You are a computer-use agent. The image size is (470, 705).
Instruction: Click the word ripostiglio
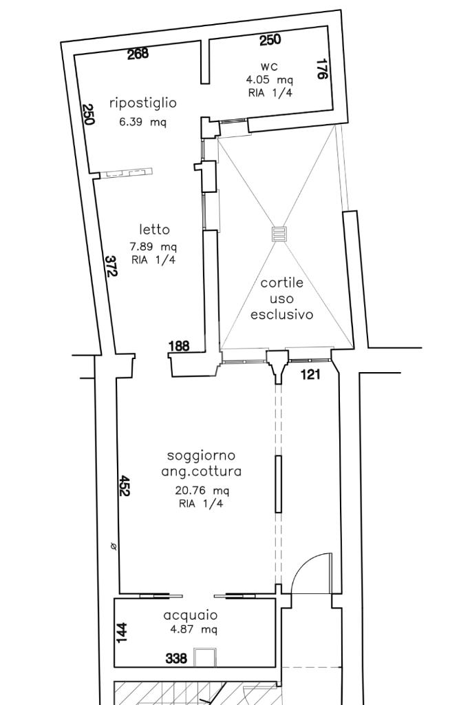pyautogui.click(x=143, y=103)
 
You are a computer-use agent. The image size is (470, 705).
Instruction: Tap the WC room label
pyautogui.click(x=269, y=67)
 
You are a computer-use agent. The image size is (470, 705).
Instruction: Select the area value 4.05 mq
pyautogui.click(x=269, y=80)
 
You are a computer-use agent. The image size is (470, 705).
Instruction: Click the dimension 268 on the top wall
pyautogui.click(x=138, y=54)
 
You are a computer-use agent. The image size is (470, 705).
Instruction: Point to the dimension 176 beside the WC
pyautogui.click(x=321, y=69)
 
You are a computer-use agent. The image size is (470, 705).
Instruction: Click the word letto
pyautogui.click(x=154, y=229)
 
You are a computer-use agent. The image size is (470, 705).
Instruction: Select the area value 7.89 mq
pyautogui.click(x=153, y=247)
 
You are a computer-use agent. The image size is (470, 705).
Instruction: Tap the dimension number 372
pyautogui.click(x=111, y=266)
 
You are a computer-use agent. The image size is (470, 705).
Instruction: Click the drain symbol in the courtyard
pyautogui.click(x=279, y=234)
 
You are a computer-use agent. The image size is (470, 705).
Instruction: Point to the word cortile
pyautogui.click(x=282, y=283)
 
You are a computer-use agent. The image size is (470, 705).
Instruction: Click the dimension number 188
pyautogui.click(x=179, y=346)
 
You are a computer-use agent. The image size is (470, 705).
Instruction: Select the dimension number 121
pyautogui.click(x=310, y=374)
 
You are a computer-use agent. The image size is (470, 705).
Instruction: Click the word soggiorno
pyautogui.click(x=201, y=456)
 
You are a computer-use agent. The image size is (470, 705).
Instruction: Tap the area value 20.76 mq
pyautogui.click(x=202, y=490)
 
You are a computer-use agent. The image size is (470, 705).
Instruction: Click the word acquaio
pyautogui.click(x=191, y=615)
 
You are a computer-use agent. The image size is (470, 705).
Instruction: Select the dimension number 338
pyautogui.click(x=176, y=659)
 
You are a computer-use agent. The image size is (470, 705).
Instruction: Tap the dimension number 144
pyautogui.click(x=122, y=633)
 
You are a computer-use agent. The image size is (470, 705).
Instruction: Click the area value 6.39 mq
pyautogui.click(x=142, y=122)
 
